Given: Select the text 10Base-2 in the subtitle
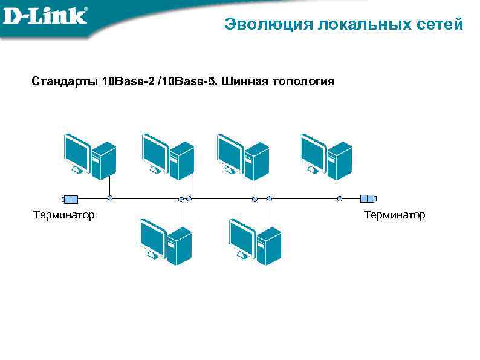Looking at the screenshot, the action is coord(128,82).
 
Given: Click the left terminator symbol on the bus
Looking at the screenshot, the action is coord(71,198).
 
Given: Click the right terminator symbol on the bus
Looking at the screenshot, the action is coord(368,198).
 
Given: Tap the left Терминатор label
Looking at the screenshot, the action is coord(64,215).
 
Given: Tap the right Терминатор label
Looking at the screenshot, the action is coord(395,215).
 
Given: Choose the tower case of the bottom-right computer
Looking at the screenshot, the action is coord(268,245).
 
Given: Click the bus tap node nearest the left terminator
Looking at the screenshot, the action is coord(110,198).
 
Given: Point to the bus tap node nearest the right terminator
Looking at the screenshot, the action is coord(340,198).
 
